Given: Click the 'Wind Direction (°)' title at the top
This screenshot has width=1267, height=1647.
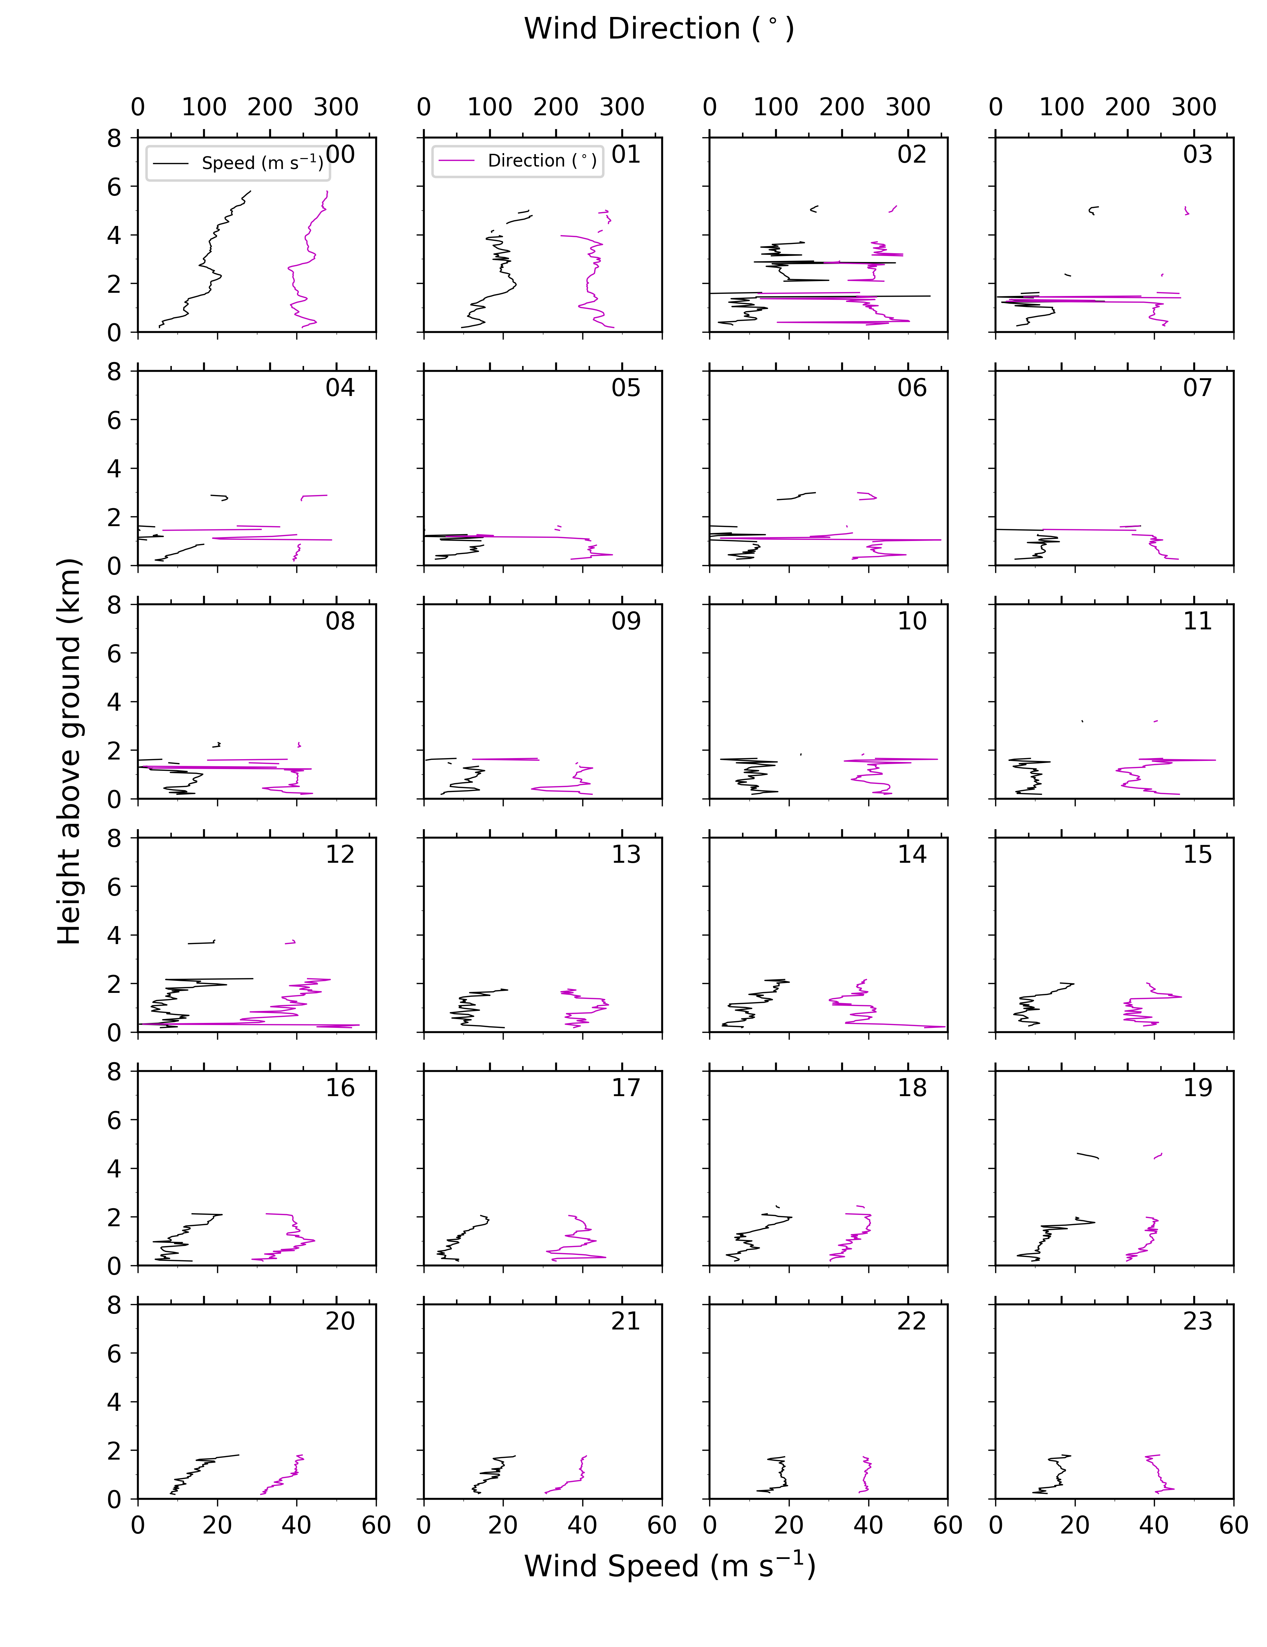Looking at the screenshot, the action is click(x=659, y=29).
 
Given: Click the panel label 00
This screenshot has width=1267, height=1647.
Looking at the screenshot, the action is click(x=340, y=155).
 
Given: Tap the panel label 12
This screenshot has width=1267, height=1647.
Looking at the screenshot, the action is click(x=340, y=854).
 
